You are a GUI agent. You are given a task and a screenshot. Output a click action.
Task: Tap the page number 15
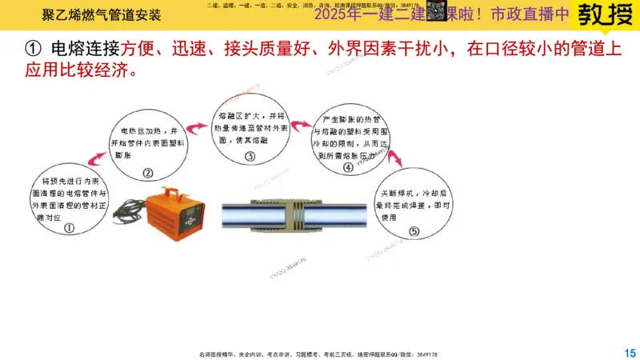[x=629, y=352]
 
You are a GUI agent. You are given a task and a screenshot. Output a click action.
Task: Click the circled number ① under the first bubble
[x=68, y=226]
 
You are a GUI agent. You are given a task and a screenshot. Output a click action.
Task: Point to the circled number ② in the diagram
[x=147, y=171]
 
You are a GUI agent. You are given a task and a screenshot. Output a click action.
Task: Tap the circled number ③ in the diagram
[x=250, y=157]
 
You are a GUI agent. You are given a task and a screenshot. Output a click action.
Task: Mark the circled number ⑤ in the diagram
[x=413, y=232]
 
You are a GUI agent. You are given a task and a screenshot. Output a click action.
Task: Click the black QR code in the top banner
[x=435, y=10]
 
